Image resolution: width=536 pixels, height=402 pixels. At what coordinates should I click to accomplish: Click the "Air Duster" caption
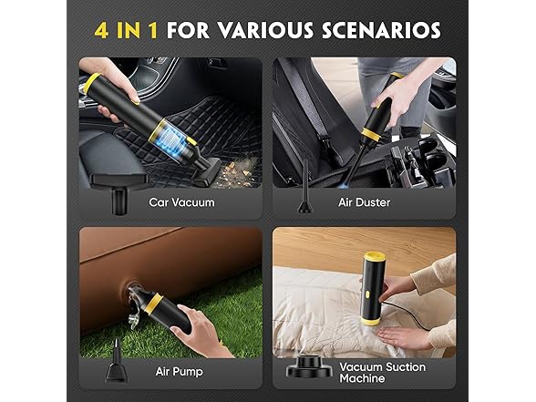364,201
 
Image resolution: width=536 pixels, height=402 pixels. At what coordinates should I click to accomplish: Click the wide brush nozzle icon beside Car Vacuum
119,189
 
